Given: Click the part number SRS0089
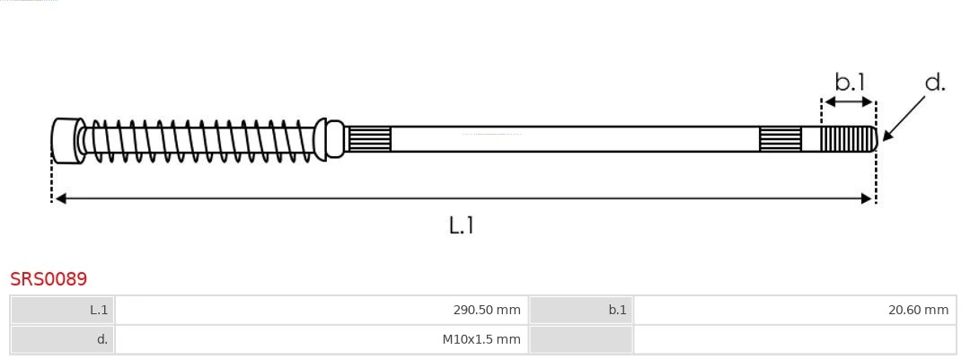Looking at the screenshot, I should pyautogui.click(x=48, y=279).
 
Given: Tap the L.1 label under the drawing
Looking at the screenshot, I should pyautogui.click(x=461, y=224).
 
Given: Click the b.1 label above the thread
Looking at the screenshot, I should pyautogui.click(x=849, y=83).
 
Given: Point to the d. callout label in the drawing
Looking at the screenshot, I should pyautogui.click(x=935, y=83).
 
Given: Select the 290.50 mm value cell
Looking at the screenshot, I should pyautogui.click(x=322, y=311).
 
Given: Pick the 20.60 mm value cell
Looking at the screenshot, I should pyautogui.click(x=794, y=311).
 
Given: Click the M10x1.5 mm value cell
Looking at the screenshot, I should pyautogui.click(x=322, y=339).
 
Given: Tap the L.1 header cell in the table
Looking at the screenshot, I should pyautogui.click(x=63, y=311).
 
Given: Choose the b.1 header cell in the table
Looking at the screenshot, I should pyautogui.click(x=581, y=311).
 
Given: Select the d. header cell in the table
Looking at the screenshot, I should pyautogui.click(x=63, y=339).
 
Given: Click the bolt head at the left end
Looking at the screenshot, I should pyautogui.click(x=66, y=140).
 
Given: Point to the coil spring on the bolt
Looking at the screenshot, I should pyautogui.click(x=202, y=140).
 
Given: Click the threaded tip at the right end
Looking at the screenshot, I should pyautogui.click(x=849, y=139).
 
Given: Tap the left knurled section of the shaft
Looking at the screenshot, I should pyautogui.click(x=369, y=139).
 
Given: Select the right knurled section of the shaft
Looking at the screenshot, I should pyautogui.click(x=780, y=139).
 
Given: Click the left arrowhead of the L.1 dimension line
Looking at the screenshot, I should pyautogui.click(x=59, y=198).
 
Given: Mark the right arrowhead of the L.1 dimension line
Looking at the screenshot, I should pyautogui.click(x=868, y=198).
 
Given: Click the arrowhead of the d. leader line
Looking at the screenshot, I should pyautogui.click(x=886, y=136).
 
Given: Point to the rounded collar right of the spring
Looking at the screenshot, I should pyautogui.click(x=334, y=139).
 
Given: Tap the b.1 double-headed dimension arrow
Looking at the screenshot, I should pyautogui.click(x=849, y=102).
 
